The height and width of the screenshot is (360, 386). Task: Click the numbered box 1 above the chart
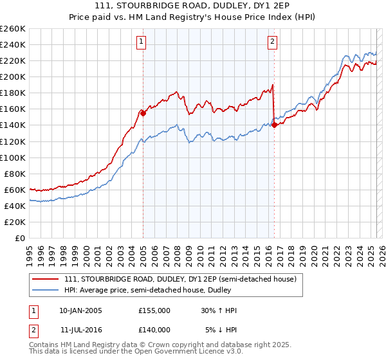(141, 42)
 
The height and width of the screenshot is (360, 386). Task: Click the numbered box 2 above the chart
(272, 42)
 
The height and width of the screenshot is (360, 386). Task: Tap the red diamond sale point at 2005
(143, 113)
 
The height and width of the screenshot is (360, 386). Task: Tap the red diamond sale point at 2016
(274, 125)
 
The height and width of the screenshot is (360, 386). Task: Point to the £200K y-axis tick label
(13, 76)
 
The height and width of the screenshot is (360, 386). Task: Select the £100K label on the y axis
(13, 157)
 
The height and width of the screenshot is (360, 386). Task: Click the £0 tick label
(20, 238)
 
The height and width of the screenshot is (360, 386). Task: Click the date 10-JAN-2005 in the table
(80, 310)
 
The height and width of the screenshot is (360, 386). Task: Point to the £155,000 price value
(154, 310)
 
